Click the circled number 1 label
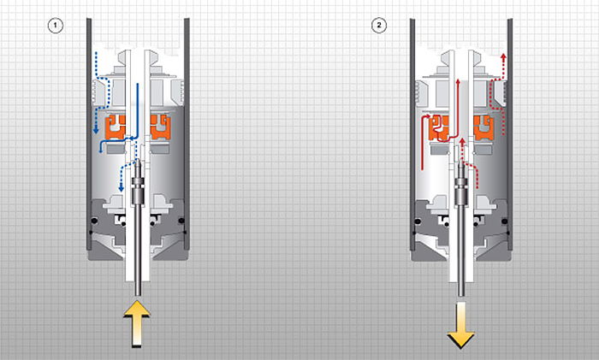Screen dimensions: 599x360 [56, 26]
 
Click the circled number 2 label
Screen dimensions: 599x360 [379, 26]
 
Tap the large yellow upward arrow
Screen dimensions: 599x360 [137, 324]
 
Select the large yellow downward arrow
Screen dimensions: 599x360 [460, 325]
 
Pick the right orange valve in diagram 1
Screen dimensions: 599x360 [161, 127]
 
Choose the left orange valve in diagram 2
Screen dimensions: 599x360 [438, 128]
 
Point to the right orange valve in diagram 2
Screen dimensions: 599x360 [483, 128]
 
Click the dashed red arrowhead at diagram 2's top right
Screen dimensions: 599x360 [503, 56]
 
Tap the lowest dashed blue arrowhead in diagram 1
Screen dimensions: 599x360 [122, 189]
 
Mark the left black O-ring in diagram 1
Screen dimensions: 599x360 [94, 221]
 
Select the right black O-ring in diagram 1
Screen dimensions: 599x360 [181, 221]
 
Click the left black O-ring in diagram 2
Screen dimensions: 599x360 [418, 221]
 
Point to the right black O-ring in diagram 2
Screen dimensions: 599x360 [505, 221]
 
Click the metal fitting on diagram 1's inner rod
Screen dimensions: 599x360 [137, 191]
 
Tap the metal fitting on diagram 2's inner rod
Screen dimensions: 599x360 [461, 191]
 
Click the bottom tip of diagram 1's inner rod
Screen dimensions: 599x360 [138, 296]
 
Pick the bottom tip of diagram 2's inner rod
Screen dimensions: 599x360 [461, 296]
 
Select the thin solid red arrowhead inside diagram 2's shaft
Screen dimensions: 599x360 [458, 81]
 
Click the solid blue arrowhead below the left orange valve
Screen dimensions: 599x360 [100, 150]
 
